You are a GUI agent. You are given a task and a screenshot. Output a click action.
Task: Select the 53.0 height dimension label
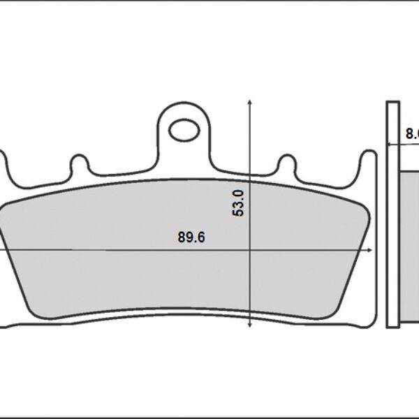pyautogui.click(x=239, y=203)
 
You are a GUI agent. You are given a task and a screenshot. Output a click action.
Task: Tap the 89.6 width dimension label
pyautogui.click(x=191, y=237)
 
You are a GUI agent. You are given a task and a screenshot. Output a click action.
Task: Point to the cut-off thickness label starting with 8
pyautogui.click(x=412, y=133)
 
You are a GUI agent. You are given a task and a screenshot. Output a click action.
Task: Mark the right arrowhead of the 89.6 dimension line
pyautogui.click(x=369, y=249)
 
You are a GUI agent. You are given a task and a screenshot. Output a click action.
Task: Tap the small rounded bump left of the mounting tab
pyautogui.click(x=80, y=166)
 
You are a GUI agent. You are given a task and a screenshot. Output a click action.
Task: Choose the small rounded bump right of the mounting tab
pyautogui.click(x=287, y=166)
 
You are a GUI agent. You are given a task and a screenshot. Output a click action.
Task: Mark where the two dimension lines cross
pyautogui.click(x=249, y=249)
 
